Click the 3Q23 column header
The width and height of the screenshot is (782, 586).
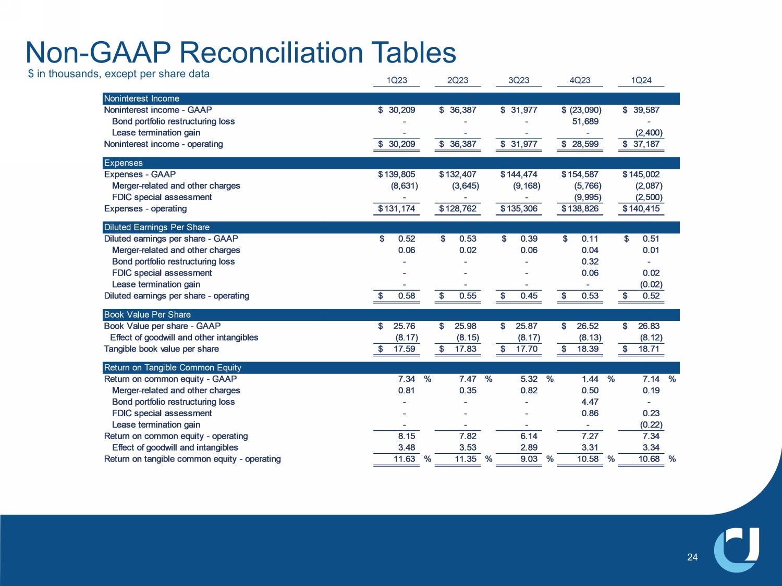(519, 80)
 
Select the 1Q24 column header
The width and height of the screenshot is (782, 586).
(641, 80)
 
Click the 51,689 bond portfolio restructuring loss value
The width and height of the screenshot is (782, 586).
(585, 121)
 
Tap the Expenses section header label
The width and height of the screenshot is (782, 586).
(124, 163)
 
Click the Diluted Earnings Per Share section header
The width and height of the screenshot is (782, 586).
(157, 227)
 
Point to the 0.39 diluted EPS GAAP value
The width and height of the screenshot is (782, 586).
(529, 239)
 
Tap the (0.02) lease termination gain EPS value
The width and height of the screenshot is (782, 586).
(651, 284)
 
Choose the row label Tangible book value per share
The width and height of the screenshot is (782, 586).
(162, 349)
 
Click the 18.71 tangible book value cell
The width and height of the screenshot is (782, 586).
(649, 349)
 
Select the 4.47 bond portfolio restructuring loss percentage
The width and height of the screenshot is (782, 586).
(590, 402)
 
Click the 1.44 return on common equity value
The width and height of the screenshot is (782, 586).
(590, 379)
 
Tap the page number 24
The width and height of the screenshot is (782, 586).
(692, 557)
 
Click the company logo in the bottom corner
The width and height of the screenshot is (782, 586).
(737, 550)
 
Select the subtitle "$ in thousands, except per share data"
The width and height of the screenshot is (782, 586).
(119, 74)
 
